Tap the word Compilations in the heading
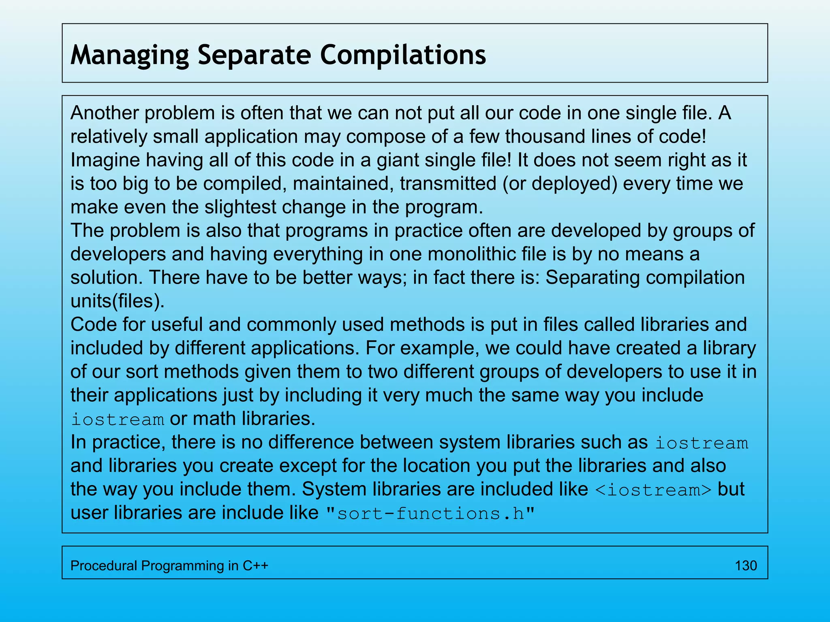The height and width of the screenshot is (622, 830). (403, 55)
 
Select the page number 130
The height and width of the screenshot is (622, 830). (746, 566)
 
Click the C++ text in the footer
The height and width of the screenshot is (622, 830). (255, 566)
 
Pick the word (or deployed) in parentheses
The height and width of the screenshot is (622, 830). (560, 183)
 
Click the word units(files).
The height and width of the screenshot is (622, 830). (118, 301)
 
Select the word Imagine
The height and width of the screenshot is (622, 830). (105, 160)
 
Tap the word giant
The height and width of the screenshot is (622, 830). (398, 160)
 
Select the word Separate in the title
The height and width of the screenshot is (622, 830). (254, 55)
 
